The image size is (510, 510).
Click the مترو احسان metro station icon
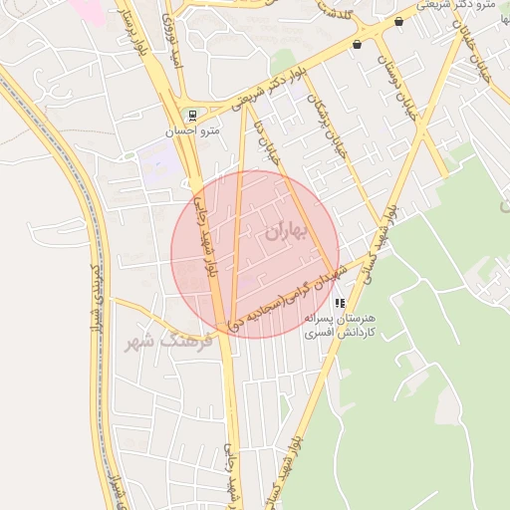(191, 115)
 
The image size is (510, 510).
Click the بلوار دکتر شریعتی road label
(265, 90)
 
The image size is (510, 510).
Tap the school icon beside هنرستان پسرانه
(341, 302)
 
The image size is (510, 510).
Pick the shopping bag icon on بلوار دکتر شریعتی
(357, 45)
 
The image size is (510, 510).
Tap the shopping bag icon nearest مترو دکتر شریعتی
(399, 21)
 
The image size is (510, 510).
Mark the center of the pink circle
(255, 255)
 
